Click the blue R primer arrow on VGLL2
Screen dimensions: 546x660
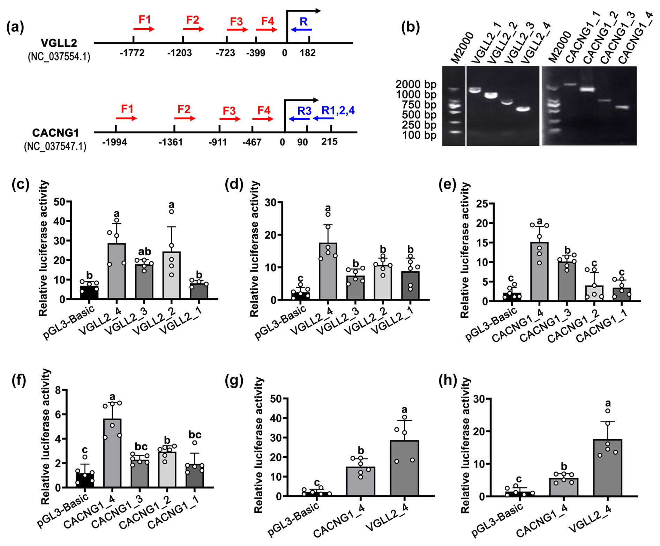[301, 30]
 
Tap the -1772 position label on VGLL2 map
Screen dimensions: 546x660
[132, 53]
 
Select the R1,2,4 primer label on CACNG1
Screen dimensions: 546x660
[338, 110]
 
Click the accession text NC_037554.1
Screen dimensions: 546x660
[59, 57]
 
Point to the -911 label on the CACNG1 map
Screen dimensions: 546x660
[218, 142]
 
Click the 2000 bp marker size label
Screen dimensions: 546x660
[415, 84]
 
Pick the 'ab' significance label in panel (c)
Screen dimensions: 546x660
[144, 252]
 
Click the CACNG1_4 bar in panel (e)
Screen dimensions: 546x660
[539, 271]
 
